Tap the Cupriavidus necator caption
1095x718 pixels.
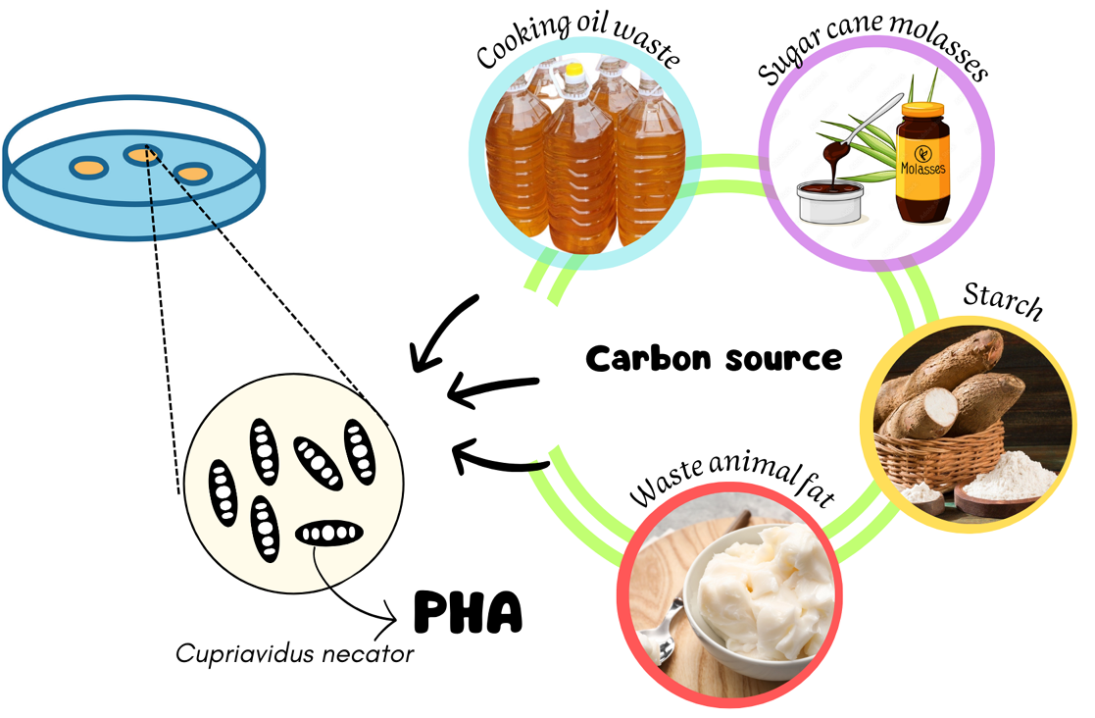tap(295, 653)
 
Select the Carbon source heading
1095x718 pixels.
tap(714, 358)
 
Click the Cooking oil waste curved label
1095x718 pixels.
tap(578, 43)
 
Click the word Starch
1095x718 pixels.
tap(1001, 301)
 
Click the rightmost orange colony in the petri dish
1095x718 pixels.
tap(193, 174)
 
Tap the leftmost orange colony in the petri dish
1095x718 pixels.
tap(89, 168)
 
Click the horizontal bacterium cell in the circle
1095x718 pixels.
tap(329, 534)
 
